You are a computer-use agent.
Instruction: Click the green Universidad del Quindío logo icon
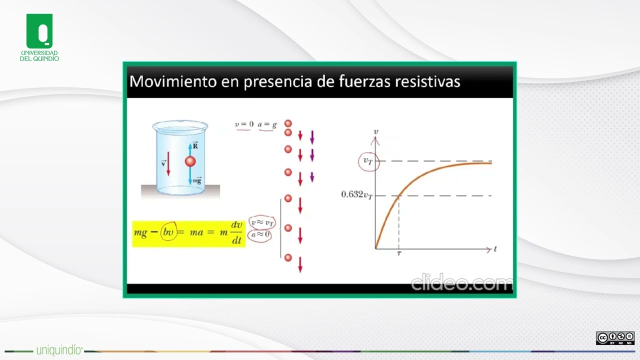click(x=39, y=31)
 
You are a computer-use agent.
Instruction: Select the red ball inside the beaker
click(x=190, y=161)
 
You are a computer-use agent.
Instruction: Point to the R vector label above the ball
click(x=195, y=145)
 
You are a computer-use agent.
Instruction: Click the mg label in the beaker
click(x=198, y=181)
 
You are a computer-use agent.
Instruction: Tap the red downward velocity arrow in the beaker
click(x=168, y=164)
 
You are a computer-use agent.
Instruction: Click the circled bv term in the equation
click(x=168, y=233)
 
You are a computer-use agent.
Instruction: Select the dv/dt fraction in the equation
click(x=236, y=233)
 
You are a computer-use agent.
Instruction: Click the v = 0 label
click(x=244, y=124)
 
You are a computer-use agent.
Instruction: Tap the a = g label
click(x=267, y=124)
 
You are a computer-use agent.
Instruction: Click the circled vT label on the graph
click(x=368, y=161)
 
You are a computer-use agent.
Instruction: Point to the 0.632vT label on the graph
click(x=356, y=195)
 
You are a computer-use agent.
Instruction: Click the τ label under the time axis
click(x=398, y=253)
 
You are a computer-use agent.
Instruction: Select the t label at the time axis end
click(x=495, y=248)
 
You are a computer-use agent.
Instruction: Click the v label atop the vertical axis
click(x=376, y=132)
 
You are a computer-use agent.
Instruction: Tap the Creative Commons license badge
click(x=615, y=338)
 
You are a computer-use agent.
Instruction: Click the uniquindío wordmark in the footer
click(x=59, y=350)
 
